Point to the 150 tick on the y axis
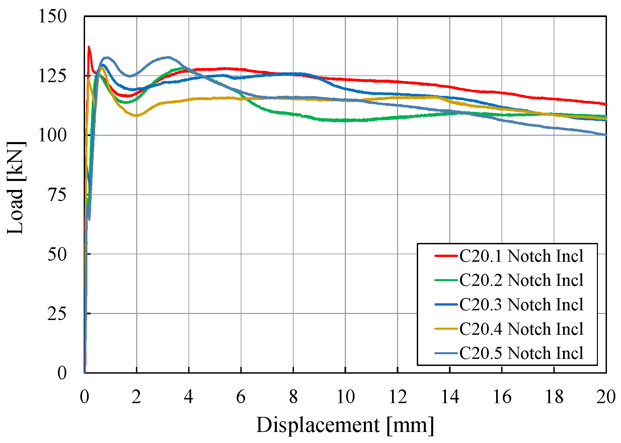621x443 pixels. point(53,16)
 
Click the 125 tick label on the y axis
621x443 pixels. point(53,76)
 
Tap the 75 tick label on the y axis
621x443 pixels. point(57,195)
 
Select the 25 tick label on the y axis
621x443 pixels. point(57,314)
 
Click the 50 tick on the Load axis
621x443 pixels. point(57,254)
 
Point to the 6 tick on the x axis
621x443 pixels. point(241,397)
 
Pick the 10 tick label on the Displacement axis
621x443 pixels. point(345,397)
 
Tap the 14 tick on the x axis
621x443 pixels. point(450,397)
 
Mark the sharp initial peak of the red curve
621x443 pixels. point(89,47)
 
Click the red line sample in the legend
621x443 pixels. point(446,256)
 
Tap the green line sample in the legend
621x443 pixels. point(446,280)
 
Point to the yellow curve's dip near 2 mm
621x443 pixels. point(136,116)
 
